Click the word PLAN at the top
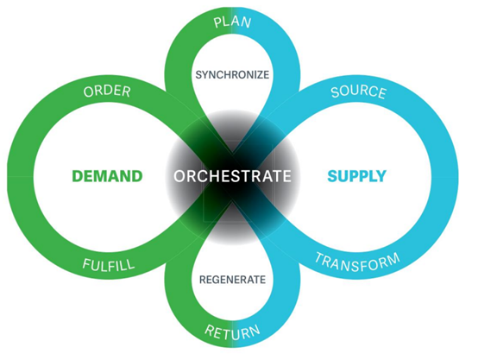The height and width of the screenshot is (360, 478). tap(233, 22)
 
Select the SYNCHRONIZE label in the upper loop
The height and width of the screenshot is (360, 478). tap(232, 75)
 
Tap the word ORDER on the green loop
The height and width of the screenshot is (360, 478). tap(107, 92)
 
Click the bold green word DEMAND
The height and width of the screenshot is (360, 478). tap(107, 176)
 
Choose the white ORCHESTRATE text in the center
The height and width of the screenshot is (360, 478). tap(232, 176)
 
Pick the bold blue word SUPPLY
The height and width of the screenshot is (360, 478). tap(356, 176)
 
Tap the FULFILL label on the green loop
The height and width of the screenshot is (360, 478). tap(109, 265)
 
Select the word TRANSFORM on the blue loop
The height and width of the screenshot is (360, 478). tap(357, 262)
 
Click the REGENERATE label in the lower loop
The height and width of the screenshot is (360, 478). tap(232, 280)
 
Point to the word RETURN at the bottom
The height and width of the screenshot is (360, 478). tap(232, 332)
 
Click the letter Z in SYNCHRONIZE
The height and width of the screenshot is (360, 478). tap(258, 75)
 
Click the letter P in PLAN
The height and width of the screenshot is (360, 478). tap(217, 23)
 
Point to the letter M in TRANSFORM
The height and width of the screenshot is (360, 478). tap(393, 259)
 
